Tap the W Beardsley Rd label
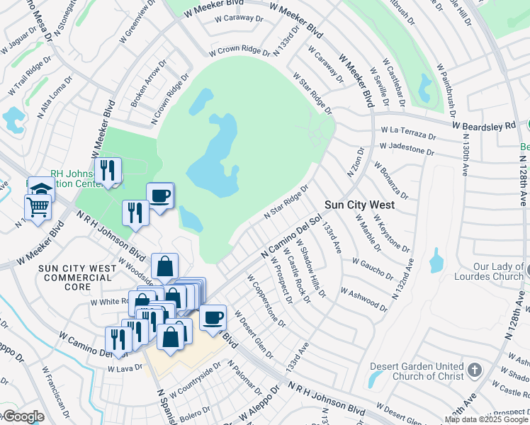point(488,125)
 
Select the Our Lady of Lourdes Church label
point(490,271)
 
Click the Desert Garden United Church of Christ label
point(417,371)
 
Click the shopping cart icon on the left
point(38,206)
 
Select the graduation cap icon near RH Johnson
point(41,188)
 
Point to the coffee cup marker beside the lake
point(159,195)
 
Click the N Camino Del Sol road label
point(291,238)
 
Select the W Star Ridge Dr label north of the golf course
point(311,93)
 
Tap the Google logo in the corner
point(23,416)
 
